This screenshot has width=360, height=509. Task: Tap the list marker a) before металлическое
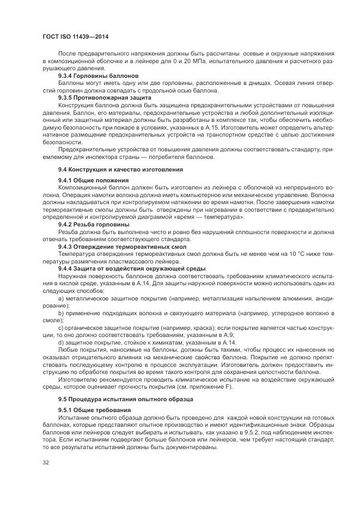point(61,298)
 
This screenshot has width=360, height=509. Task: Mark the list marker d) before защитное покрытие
point(61,343)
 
